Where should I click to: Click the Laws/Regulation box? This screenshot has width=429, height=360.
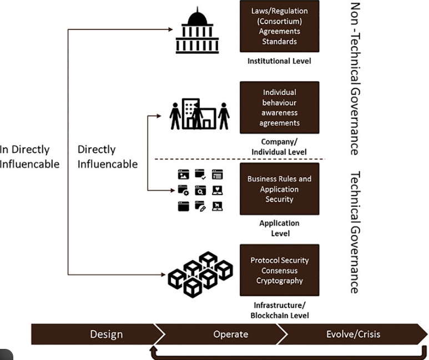point(279,26)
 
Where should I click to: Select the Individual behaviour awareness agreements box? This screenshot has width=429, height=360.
point(279,107)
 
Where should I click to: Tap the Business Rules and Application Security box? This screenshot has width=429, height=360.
point(279,189)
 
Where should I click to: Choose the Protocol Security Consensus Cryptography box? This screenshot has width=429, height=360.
point(279,270)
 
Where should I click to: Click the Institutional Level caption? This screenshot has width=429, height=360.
point(279,61)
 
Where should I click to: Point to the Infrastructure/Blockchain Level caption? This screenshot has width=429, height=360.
point(280,311)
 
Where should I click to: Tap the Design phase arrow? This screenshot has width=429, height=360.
point(98,334)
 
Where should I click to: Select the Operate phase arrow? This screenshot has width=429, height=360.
point(221,334)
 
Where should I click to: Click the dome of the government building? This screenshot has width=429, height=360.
point(197,18)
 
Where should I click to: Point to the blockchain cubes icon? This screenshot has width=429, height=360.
point(200,274)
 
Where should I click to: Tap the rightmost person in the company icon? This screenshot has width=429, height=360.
point(224,116)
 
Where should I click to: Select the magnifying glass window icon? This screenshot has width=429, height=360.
point(200,190)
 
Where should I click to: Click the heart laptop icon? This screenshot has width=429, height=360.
point(217,190)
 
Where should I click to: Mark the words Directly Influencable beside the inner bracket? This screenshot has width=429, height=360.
point(108,157)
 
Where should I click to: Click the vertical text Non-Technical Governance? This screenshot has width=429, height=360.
point(355,79)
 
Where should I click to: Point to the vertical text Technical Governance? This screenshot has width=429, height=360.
point(355,232)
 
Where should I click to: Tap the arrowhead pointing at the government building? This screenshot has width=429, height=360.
point(170,29)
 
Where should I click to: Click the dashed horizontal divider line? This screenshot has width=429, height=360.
point(240,159)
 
